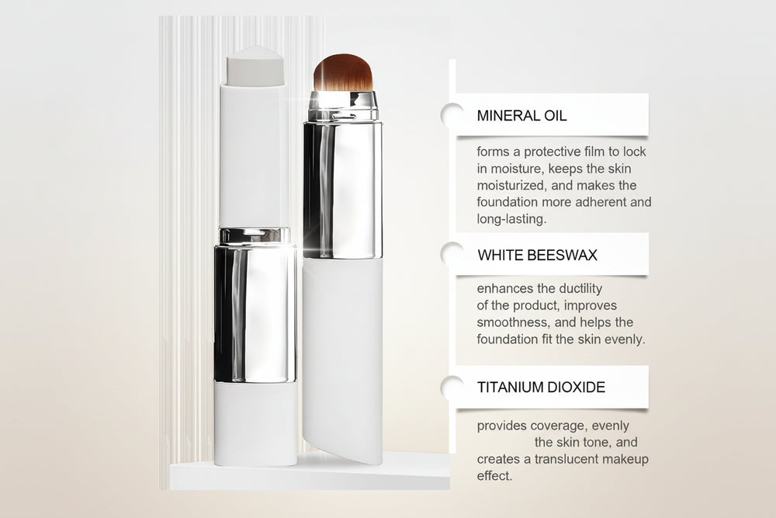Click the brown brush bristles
pyautogui.click(x=343, y=72)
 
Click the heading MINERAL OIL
pyautogui.click(x=521, y=116)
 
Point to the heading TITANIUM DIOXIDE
pyautogui.click(x=541, y=387)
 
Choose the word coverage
pyautogui.click(x=562, y=426)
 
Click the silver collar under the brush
pyautogui.click(x=343, y=106)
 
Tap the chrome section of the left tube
pyautogui.click(x=255, y=311)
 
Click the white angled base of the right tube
pyautogui.click(x=342, y=365)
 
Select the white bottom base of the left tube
pyautogui.click(x=255, y=423)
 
